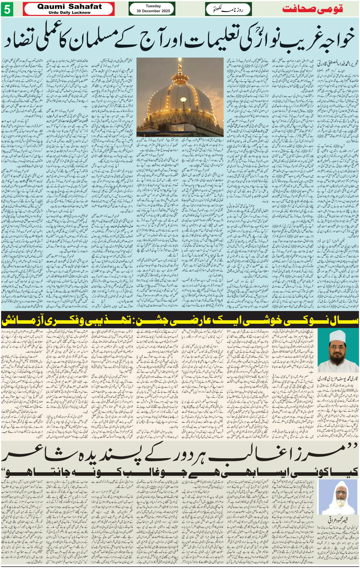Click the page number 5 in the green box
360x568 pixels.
pos(7,9)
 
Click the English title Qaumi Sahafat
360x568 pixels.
pos(69,6)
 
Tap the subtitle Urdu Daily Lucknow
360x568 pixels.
pos(69,13)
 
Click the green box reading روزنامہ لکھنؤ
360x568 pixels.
pos(228,9)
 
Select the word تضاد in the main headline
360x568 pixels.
pos(19,40)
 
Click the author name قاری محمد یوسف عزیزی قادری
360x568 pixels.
pos(338,379)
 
